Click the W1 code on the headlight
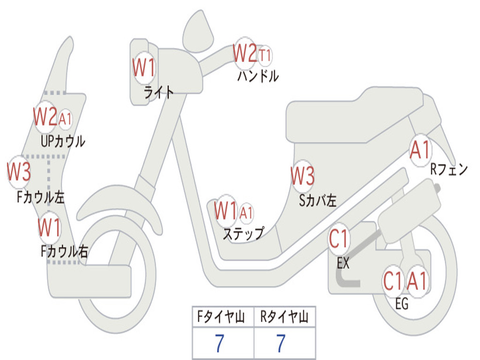[x=143, y=68]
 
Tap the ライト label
[x=158, y=92]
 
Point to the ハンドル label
[x=258, y=76]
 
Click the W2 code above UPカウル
[x=45, y=117]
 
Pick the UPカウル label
[x=63, y=141]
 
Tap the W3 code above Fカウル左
[x=19, y=172]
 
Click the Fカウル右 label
[x=64, y=252]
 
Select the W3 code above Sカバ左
[x=302, y=176]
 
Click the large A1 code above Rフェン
[x=420, y=150]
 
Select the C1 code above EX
[x=339, y=240]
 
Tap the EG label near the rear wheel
[x=402, y=304]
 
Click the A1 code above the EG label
[x=417, y=281]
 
